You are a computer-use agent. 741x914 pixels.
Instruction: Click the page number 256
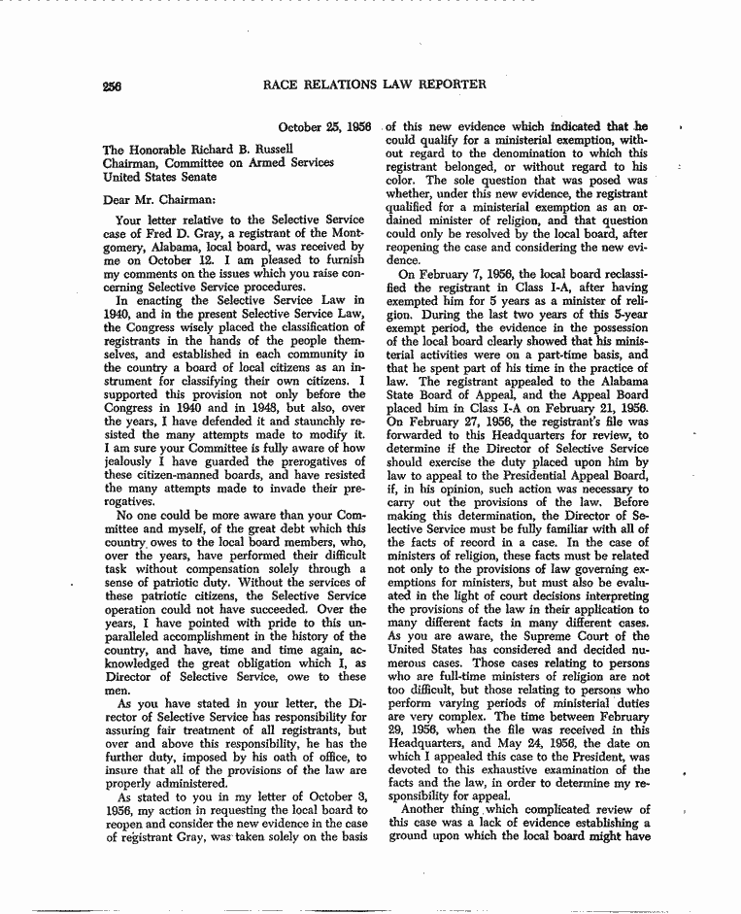pyautogui.click(x=114, y=85)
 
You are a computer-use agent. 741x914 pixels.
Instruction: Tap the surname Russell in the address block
pyautogui.click(x=242, y=148)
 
